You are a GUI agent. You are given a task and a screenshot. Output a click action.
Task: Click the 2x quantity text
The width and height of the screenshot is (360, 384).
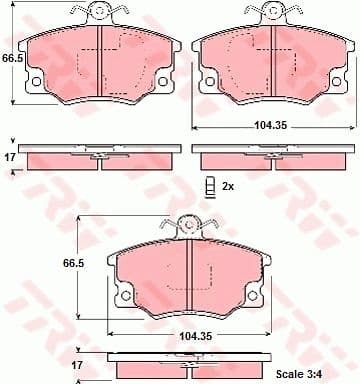pyautogui.click(x=228, y=186)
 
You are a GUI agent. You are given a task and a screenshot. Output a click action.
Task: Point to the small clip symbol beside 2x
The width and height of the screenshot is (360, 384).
pyautogui.click(x=210, y=187)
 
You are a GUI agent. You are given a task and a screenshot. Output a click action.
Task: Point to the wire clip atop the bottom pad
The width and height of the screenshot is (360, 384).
pyautogui.click(x=190, y=226)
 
